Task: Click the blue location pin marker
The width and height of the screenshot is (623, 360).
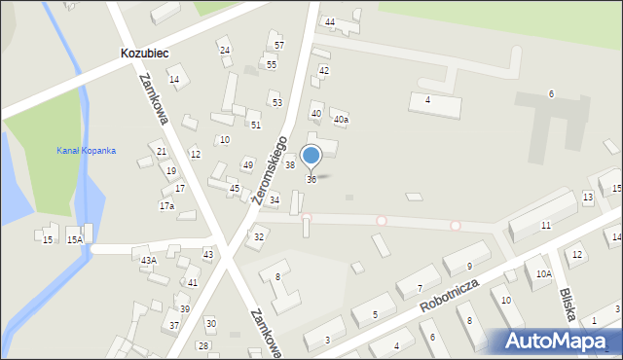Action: (x=311, y=156)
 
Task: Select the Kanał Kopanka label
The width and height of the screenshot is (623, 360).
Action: (x=86, y=151)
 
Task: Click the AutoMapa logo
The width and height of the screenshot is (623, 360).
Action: (x=560, y=342)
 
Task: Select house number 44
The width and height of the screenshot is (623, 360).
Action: (x=330, y=22)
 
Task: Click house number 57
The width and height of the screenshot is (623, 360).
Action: (x=279, y=46)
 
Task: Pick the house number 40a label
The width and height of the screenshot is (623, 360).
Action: (x=341, y=120)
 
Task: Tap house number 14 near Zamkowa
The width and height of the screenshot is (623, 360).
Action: (x=174, y=80)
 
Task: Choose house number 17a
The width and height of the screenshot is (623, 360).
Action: (x=166, y=206)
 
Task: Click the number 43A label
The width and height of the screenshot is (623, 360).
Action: (x=148, y=261)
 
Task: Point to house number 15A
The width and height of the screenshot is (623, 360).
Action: (x=74, y=240)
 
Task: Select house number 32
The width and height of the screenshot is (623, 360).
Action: (x=259, y=237)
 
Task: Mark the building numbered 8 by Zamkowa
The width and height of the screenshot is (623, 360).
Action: (x=277, y=277)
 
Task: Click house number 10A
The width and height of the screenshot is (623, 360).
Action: (x=543, y=274)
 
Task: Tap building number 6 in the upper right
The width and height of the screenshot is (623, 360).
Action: (x=551, y=93)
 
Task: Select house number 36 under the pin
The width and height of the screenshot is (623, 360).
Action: (x=311, y=179)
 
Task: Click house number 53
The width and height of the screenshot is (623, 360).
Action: (x=277, y=103)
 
